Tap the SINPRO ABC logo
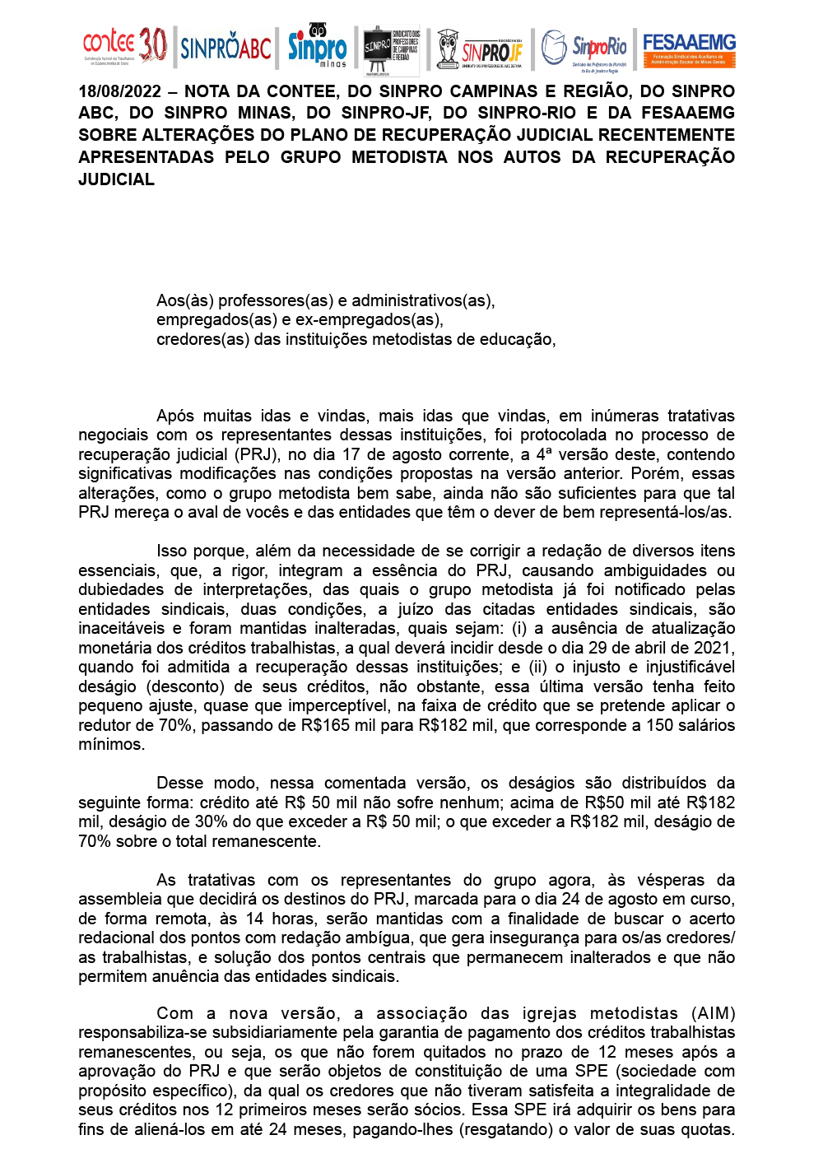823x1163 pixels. coord(226,49)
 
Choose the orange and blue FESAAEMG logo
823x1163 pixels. coord(689,49)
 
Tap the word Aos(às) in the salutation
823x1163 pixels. coord(184,300)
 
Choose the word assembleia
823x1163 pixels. coord(120,899)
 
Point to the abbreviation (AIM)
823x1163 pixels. coord(714,1013)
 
